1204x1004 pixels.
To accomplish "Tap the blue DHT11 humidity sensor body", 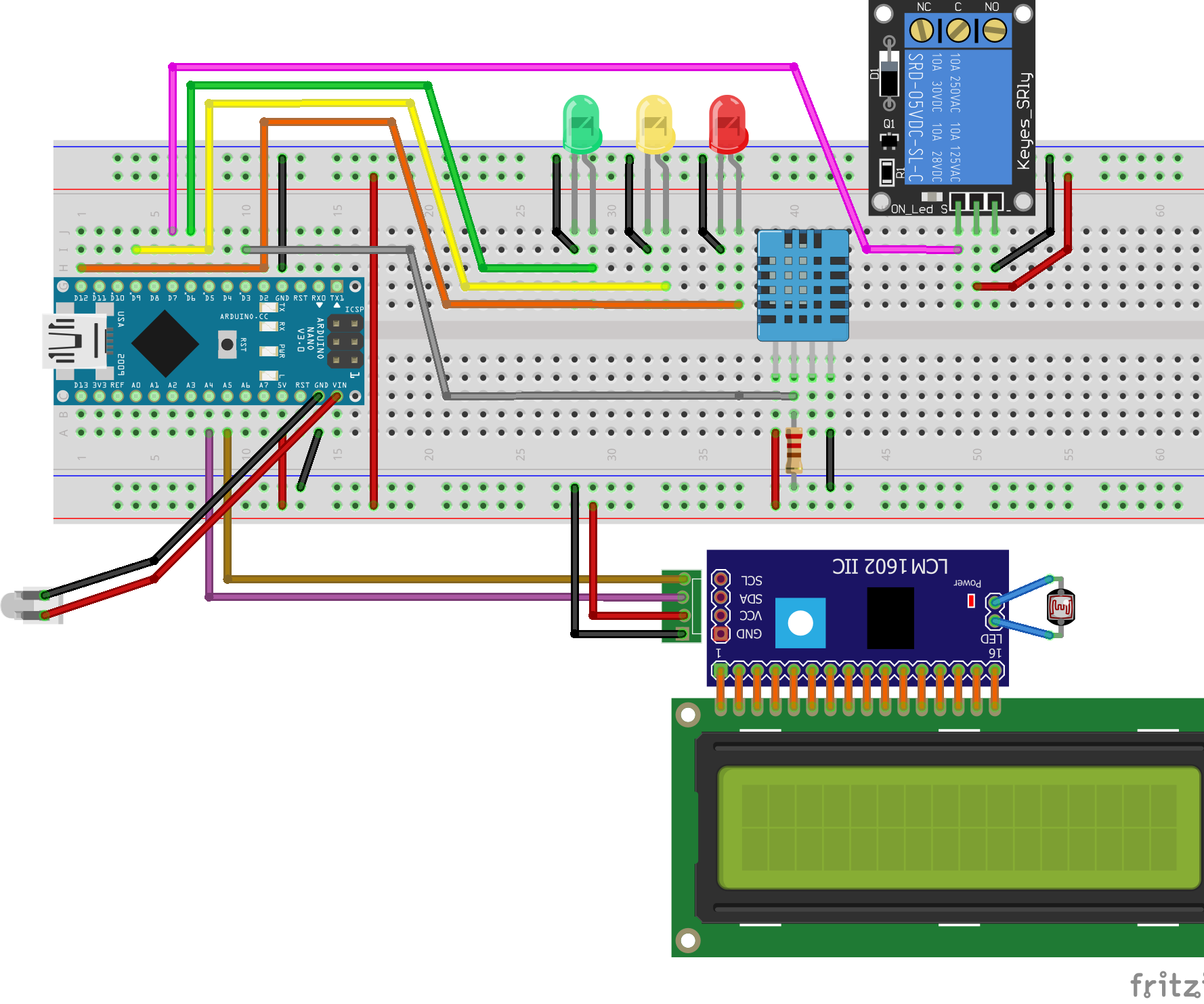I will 802,285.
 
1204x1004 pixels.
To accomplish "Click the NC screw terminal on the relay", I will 922,30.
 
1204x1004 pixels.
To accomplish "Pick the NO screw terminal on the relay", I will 994,30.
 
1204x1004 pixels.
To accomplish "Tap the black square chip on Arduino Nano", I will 165,343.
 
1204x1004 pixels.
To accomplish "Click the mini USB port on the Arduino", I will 74,341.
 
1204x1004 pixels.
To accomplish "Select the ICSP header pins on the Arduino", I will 345,341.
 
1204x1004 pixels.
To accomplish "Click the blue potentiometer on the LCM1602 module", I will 800,623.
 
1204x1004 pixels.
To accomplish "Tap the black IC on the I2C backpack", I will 890,617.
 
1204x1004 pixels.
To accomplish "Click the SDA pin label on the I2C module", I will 750,599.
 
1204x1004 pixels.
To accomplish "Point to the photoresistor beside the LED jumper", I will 1060,607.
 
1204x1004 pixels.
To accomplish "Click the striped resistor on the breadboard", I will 794,450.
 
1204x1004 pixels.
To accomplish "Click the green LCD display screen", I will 958,827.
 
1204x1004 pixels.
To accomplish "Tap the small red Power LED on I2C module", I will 971,600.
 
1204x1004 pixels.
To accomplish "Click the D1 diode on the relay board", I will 889,75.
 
